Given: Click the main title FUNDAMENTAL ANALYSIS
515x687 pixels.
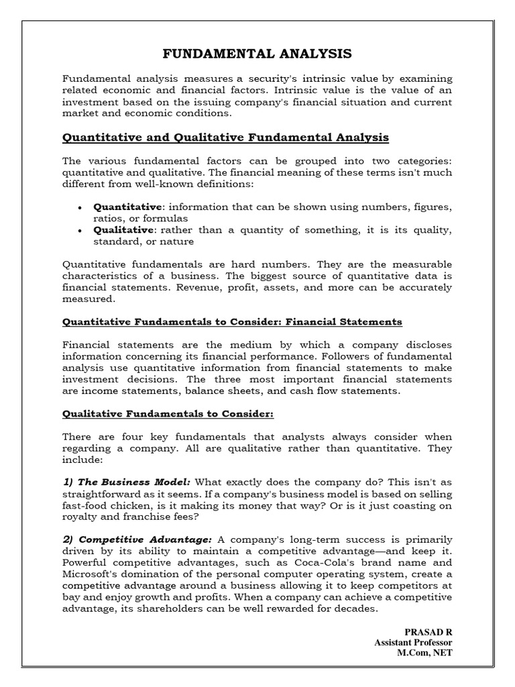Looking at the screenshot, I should point(258,54).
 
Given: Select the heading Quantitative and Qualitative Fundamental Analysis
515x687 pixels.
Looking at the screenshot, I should point(225,138).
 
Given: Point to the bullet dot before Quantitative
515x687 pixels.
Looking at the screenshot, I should point(80,207).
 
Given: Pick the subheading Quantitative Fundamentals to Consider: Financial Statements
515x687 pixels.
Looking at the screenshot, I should point(232,321).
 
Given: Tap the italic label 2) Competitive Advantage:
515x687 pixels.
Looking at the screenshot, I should point(137,539).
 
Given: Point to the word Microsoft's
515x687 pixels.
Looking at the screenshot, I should point(89,574).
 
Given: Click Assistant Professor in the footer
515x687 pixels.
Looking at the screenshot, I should point(413,643).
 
